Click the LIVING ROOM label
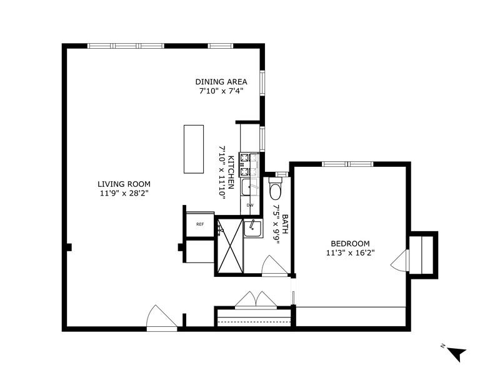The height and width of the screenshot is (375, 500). (124, 184)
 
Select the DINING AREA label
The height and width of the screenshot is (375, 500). (221, 82)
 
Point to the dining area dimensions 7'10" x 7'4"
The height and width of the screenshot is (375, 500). (221, 91)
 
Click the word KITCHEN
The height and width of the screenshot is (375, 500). (231, 172)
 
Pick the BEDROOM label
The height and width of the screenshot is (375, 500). (347, 244)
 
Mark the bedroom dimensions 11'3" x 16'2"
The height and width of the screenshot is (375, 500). (347, 253)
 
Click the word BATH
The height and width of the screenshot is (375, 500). (285, 222)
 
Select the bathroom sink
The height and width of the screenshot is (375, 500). (252, 228)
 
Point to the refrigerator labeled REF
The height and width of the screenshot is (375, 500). (199, 224)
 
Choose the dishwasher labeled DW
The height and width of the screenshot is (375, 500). (250, 205)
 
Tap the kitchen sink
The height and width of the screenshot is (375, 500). (249, 186)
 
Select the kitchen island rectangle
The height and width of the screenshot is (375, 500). (193, 149)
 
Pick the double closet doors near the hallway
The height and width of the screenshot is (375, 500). (255, 299)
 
